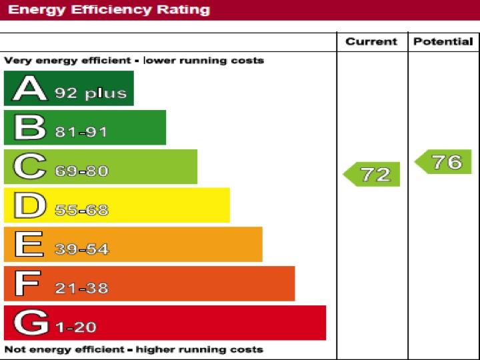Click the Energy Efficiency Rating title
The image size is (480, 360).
pyautogui.click(x=109, y=10)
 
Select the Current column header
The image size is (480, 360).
pyautogui.click(x=371, y=41)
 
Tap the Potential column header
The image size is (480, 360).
pyautogui.click(x=443, y=41)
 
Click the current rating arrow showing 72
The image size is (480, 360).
pyautogui.click(x=373, y=174)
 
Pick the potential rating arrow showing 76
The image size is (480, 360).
pyautogui.click(x=444, y=162)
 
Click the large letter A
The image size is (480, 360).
pyautogui.click(x=29, y=89)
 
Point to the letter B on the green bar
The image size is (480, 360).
pyautogui.click(x=29, y=128)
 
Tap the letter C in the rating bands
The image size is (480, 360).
pyautogui.click(x=29, y=167)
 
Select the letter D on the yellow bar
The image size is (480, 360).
pyautogui.click(x=29, y=206)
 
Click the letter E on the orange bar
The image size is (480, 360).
pyautogui.click(x=28, y=245)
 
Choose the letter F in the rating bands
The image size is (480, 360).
pyautogui.click(x=27, y=284)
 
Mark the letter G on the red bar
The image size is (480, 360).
pyautogui.click(x=30, y=323)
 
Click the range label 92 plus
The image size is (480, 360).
pyautogui.click(x=91, y=93)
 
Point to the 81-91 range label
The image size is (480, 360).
pyautogui.click(x=81, y=132)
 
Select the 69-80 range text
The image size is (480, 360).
pyautogui.click(x=81, y=171)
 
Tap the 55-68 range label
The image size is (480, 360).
pyautogui.click(x=81, y=211)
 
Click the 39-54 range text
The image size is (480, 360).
pyautogui.click(x=81, y=249)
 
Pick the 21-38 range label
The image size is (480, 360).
pyautogui.click(x=81, y=289)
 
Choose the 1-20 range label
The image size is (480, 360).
pyautogui.click(x=75, y=327)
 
